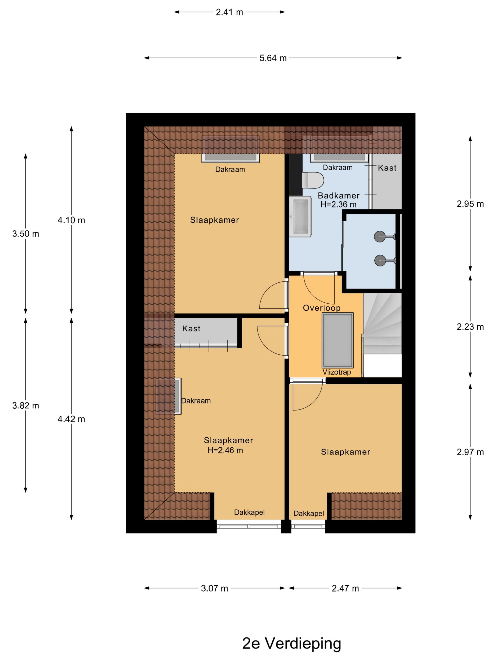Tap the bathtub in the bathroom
[301, 217]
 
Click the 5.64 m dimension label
[273, 58]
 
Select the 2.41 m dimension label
[229, 12]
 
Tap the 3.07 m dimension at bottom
[214, 588]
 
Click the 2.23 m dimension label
[470, 327]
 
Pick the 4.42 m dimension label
[71, 419]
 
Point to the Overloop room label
[321, 308]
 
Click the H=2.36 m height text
[338, 205]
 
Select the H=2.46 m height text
[225, 450]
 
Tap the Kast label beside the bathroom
[387, 168]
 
